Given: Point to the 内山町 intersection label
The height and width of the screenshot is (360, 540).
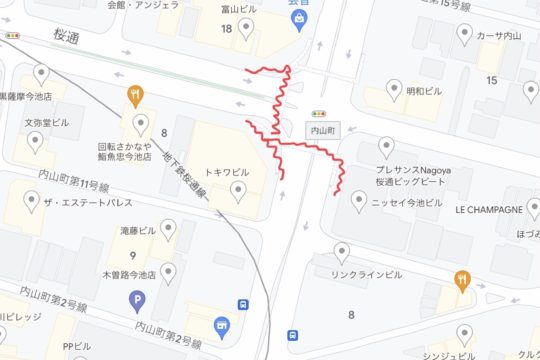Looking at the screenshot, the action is click(x=321, y=130).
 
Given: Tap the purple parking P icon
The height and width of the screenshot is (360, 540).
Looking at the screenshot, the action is click(x=137, y=297).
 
